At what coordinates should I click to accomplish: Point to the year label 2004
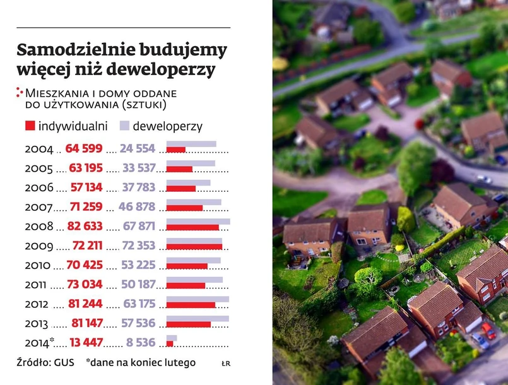tap(39, 149)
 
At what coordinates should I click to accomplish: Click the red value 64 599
tap(83, 149)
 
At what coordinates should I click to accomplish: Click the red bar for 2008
tap(192, 227)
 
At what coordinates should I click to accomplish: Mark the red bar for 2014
tap(170, 343)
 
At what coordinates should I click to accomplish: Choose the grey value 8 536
tap(140, 343)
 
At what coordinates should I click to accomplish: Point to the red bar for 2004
tap(176, 150)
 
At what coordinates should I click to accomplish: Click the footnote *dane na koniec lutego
tap(141, 363)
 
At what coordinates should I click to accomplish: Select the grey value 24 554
tap(137, 149)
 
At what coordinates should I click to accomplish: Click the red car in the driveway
tap(488, 329)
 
